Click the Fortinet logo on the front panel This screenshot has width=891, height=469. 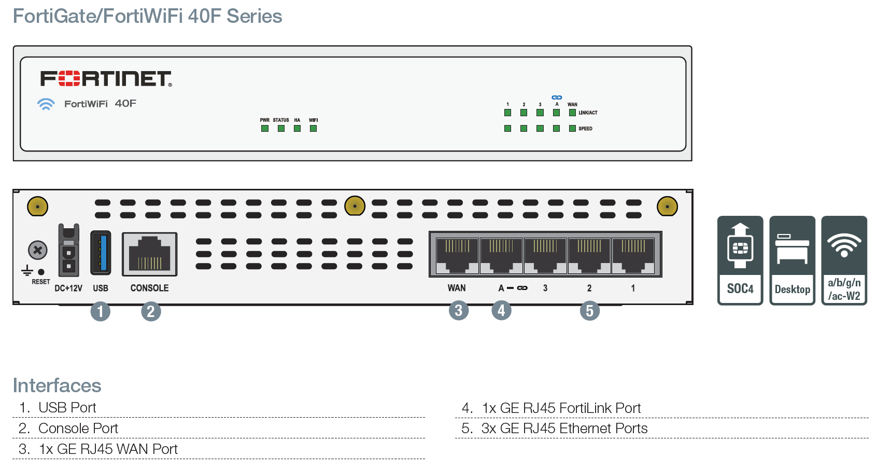pos(106,79)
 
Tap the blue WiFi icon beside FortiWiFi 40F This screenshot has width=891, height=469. pos(46,104)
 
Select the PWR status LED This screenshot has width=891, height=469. pos(265,129)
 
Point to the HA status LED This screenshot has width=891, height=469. pos(297,129)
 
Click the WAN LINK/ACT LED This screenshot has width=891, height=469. pos(572,113)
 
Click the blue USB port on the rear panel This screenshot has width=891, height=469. pos(101,253)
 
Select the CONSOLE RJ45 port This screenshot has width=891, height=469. pos(149,254)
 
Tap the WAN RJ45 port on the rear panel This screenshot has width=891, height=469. pos(457,255)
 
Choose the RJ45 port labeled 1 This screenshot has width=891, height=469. pos(633,255)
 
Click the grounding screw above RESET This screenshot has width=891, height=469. pos(37,251)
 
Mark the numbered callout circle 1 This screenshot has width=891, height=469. pos(100,311)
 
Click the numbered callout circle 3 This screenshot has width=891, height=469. pos(459,311)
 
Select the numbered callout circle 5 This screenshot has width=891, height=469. pos(589,311)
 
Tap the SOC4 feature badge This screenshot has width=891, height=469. pos(740,260)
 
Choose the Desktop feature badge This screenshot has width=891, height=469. pos(792,260)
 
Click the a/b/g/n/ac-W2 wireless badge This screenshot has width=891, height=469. pos(844,260)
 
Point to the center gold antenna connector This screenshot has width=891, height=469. pos(355,206)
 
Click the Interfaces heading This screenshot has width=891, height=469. pos(57,385)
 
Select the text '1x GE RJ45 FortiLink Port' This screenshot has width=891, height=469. pos(561,408)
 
